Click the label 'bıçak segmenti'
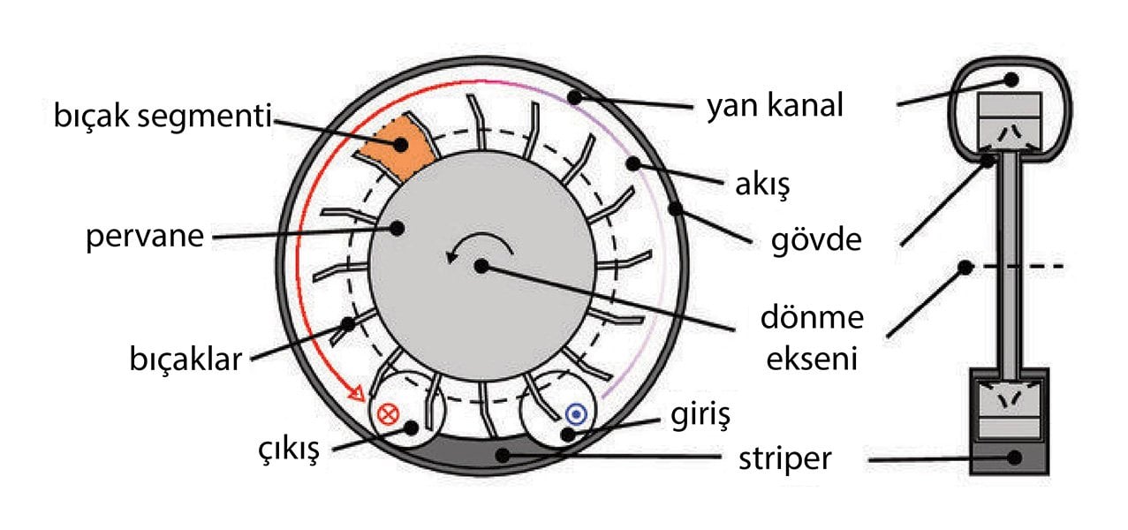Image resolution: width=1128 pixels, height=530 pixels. click(159, 115)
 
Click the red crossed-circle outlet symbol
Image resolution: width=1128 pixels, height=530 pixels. click(387, 413)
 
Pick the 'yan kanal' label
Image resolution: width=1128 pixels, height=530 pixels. click(776, 107)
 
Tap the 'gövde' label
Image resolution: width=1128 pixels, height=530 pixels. click(810, 238)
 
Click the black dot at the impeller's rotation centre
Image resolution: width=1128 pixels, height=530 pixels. click(481, 265)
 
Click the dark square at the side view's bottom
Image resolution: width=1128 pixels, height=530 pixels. click(1013, 458)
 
